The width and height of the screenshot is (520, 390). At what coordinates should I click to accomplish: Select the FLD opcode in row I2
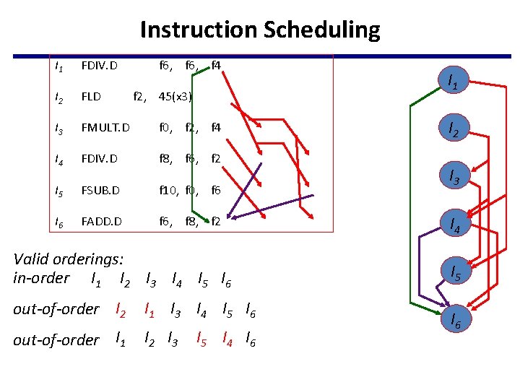91,97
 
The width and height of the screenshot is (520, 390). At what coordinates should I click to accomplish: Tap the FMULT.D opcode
105,129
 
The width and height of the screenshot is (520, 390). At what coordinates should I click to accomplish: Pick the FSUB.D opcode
100,191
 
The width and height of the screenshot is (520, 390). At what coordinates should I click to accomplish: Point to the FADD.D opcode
102,222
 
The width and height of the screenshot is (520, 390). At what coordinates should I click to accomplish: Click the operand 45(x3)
175,97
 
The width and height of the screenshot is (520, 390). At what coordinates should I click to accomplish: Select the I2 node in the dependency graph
454,129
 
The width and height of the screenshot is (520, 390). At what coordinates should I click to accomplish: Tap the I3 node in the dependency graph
454,176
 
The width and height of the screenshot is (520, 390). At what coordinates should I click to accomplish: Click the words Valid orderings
69,259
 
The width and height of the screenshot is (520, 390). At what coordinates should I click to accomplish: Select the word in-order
41,278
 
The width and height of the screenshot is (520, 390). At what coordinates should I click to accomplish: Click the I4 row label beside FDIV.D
58,160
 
